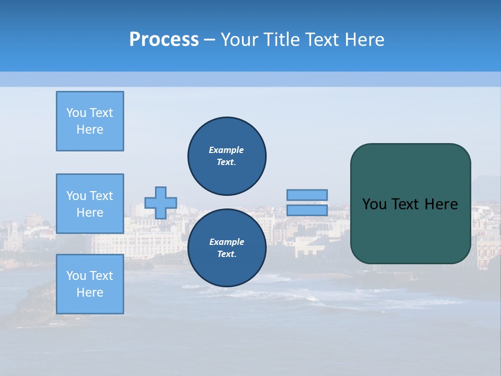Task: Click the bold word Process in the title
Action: [x=164, y=39]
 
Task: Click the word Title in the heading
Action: [x=280, y=39]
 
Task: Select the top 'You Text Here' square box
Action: [x=90, y=121]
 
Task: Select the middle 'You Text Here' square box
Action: [x=90, y=204]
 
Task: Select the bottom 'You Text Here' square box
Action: [x=90, y=284]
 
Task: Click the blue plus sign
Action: [x=161, y=203]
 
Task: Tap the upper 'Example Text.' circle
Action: [x=226, y=156]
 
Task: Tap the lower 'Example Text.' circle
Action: [x=226, y=248]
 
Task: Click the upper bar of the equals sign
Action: [x=307, y=195]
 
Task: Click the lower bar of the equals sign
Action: [x=307, y=210]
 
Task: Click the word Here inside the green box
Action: [x=441, y=204]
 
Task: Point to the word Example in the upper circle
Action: [x=226, y=150]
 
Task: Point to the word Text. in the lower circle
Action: [x=226, y=254]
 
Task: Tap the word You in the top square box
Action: [x=76, y=113]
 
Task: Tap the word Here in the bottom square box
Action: [x=90, y=292]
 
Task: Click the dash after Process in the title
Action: [x=209, y=40]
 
